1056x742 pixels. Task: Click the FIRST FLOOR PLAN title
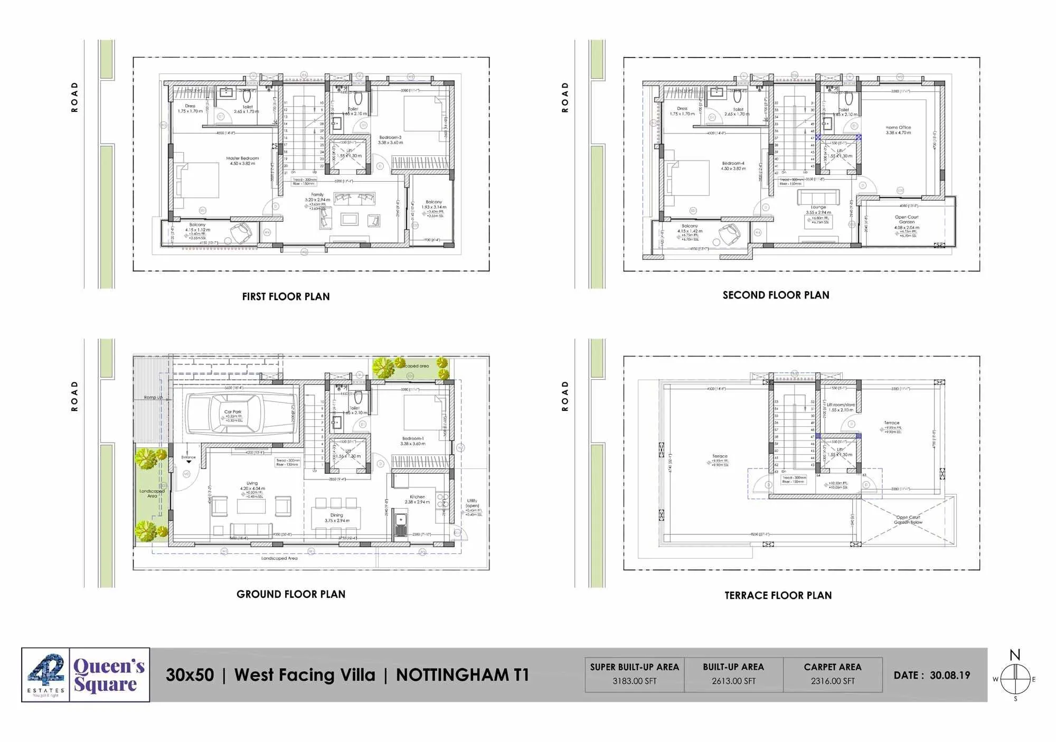click(x=286, y=297)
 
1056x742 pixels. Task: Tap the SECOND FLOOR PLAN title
click(x=776, y=295)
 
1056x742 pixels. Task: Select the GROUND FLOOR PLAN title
click(x=291, y=594)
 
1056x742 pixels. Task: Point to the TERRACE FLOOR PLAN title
click(x=778, y=596)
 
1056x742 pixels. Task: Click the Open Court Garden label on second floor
click(x=907, y=220)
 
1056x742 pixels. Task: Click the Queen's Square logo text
click(x=109, y=675)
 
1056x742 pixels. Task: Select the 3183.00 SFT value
click(x=634, y=681)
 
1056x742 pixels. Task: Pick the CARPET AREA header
click(x=832, y=667)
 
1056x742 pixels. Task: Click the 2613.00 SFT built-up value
click(x=733, y=681)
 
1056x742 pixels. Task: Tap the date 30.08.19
click(x=950, y=675)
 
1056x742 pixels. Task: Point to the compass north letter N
click(x=1014, y=655)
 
